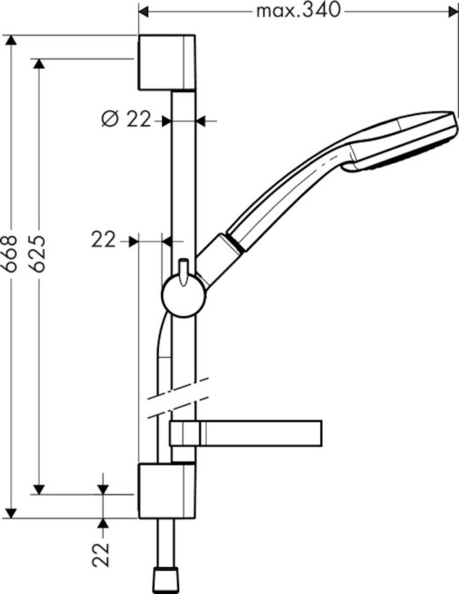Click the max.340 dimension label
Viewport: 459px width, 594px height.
pos(298,10)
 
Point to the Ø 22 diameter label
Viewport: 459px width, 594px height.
pos(126,120)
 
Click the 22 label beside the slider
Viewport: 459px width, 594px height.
pos(103,240)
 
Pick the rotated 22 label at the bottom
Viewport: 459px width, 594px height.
pos(101,555)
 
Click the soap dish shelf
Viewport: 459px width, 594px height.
pos(246,433)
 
